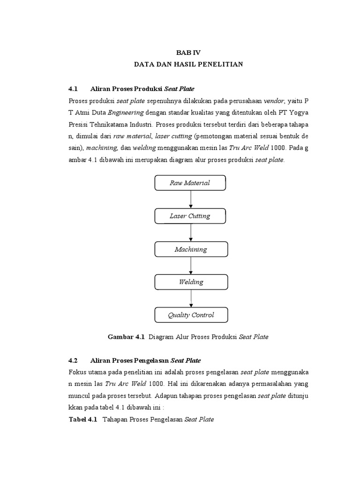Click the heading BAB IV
pyautogui.click(x=188, y=53)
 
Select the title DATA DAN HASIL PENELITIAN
pyautogui.click(x=188, y=64)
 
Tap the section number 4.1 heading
pyautogui.click(x=72, y=89)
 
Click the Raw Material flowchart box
pyautogui.click(x=190, y=183)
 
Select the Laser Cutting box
pyautogui.click(x=190, y=216)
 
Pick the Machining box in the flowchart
pyautogui.click(x=190, y=249)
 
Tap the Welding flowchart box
pyautogui.click(x=190, y=282)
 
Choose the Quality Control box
pyautogui.click(x=191, y=315)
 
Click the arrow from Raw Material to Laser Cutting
pyautogui.click(x=190, y=200)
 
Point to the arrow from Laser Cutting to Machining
pyautogui.click(x=190, y=233)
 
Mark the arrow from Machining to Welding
pyautogui.click(x=190, y=266)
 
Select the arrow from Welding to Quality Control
pyautogui.click(x=190, y=299)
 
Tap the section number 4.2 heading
pyautogui.click(x=72, y=360)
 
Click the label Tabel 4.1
pyautogui.click(x=82, y=420)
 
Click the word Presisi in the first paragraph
pyautogui.click(x=79, y=125)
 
